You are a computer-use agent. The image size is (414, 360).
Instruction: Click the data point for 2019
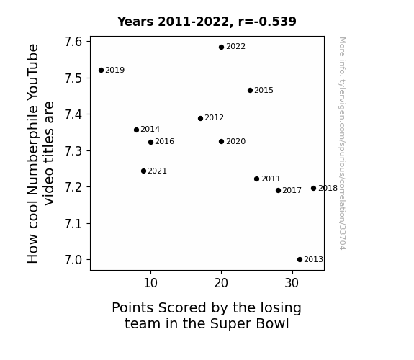pos(101,71)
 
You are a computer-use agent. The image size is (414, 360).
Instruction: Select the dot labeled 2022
pos(222,48)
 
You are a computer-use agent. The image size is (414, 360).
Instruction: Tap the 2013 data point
pos(300,260)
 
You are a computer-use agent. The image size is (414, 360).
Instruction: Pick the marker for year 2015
pos(251,90)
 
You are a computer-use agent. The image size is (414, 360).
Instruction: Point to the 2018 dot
pos(313,189)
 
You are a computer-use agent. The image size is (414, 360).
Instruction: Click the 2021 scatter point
pos(143,171)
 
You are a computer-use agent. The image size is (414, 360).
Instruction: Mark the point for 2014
pos(137,130)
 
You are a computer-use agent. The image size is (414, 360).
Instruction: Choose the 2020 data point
pos(222,142)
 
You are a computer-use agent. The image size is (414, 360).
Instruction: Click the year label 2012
pos(214,117)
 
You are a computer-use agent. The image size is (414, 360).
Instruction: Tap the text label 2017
pos(292,190)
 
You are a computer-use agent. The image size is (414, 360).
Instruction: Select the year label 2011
pos(271,179)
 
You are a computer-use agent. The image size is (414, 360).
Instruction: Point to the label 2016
pos(164,141)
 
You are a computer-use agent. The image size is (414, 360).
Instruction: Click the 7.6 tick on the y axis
pos(73,42)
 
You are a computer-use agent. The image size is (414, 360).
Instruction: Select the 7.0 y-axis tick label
pos(73,260)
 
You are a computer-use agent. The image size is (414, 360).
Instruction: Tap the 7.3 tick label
pos(73,151)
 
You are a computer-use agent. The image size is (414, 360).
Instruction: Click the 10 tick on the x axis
pos(150,283)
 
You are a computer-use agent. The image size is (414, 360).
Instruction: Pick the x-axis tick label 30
pos(292,283)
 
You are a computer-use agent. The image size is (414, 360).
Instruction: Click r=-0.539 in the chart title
pos(267,22)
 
